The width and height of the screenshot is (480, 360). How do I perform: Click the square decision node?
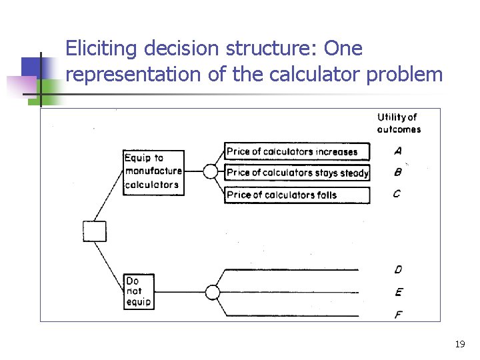point(94,231)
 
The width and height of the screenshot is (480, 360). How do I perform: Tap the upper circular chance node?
point(211,172)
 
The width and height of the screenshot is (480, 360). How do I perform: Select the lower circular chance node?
point(212,292)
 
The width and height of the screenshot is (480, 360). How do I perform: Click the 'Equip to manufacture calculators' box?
point(153,172)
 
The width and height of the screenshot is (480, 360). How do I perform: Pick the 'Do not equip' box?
point(139,291)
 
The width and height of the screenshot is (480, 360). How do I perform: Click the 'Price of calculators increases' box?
point(297,151)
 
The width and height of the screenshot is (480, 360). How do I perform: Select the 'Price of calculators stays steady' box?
point(297,173)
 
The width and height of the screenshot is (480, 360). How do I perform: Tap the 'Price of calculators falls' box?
point(297,195)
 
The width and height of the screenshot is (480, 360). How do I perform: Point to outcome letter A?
point(397,151)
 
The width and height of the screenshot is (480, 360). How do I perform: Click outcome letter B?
point(397,172)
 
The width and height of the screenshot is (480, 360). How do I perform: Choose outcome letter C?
point(397,194)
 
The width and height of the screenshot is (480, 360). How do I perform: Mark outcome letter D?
point(398,269)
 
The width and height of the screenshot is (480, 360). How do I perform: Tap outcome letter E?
point(398,291)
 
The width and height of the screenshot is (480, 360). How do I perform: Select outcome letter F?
point(398,314)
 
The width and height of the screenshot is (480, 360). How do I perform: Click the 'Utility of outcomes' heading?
point(398,123)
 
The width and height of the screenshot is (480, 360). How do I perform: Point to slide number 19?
point(459,345)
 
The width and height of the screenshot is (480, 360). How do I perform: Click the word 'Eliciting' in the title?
point(103,49)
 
